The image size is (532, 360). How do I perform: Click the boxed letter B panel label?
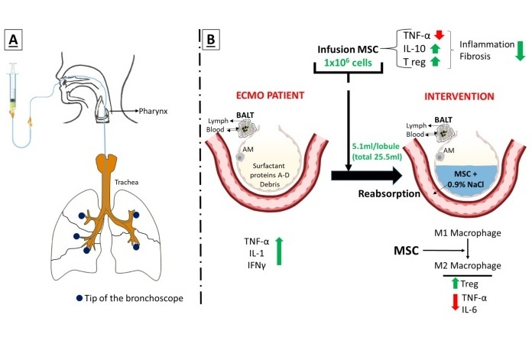pyautogui.click(x=209, y=37)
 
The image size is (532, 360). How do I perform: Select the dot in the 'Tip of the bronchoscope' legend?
pyautogui.click(x=80, y=298)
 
